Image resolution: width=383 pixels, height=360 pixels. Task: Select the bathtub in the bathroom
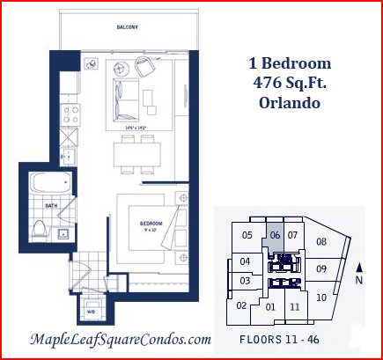49,186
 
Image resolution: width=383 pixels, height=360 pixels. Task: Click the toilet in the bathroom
39,229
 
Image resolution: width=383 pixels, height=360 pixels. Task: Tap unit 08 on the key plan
321,241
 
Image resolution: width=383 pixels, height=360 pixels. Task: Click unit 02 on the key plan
241,305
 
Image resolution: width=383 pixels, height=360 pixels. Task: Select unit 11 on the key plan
295,307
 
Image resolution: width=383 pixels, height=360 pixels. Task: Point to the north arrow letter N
357,280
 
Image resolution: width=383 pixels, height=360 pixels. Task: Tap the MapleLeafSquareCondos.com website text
121,339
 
